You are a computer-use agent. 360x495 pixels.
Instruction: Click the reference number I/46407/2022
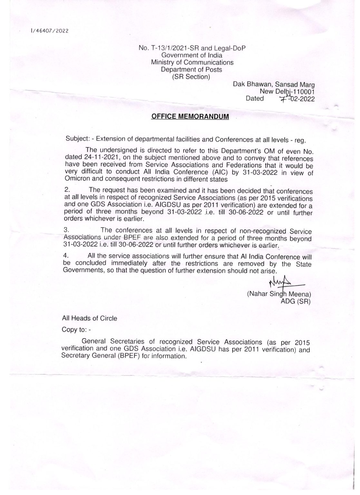click(50, 31)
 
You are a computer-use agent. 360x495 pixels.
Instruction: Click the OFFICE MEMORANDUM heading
click(190, 116)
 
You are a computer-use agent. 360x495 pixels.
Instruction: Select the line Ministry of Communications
click(192, 62)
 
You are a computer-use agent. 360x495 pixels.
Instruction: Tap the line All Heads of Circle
click(90, 318)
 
